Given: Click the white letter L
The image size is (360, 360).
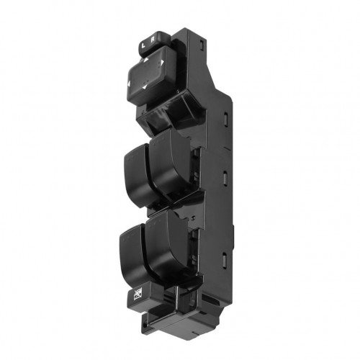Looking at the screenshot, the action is pyautogui.click(x=143, y=45).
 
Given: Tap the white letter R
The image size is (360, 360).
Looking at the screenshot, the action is pyautogui.click(x=153, y=40).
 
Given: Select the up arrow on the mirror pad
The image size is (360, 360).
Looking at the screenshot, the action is pyautogui.click(x=145, y=60).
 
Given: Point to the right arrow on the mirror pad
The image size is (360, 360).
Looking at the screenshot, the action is pyautogui.click(x=162, y=63).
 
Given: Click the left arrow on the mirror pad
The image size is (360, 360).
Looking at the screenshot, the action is pyautogui.click(x=129, y=84).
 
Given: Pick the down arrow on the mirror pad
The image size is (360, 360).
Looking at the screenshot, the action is pyautogui.click(x=145, y=87).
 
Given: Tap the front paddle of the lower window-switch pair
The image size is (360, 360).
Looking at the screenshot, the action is pyautogui.click(x=133, y=258).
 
